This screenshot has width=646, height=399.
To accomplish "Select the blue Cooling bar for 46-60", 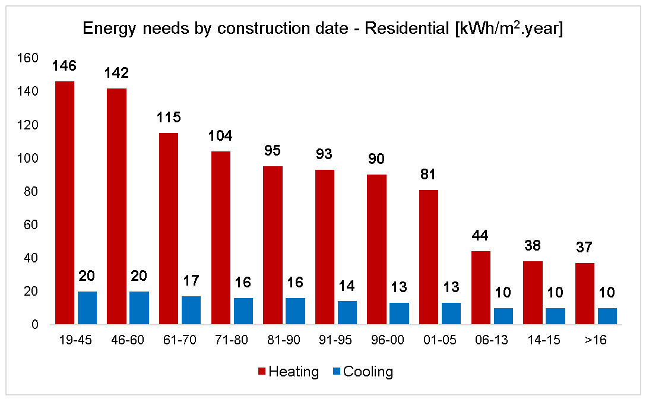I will click(x=139, y=308).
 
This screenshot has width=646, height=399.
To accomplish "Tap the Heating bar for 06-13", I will click(x=481, y=288).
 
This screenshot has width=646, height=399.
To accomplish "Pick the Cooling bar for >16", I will click(x=607, y=316).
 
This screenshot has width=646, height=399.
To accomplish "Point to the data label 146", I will click(x=64, y=66).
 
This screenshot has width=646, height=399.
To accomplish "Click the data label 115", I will click(x=169, y=118).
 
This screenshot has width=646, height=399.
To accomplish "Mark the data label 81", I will click(x=429, y=175).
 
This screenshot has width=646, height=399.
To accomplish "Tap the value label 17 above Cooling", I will click(x=191, y=281).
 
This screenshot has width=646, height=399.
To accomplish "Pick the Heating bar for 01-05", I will click(x=429, y=257).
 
